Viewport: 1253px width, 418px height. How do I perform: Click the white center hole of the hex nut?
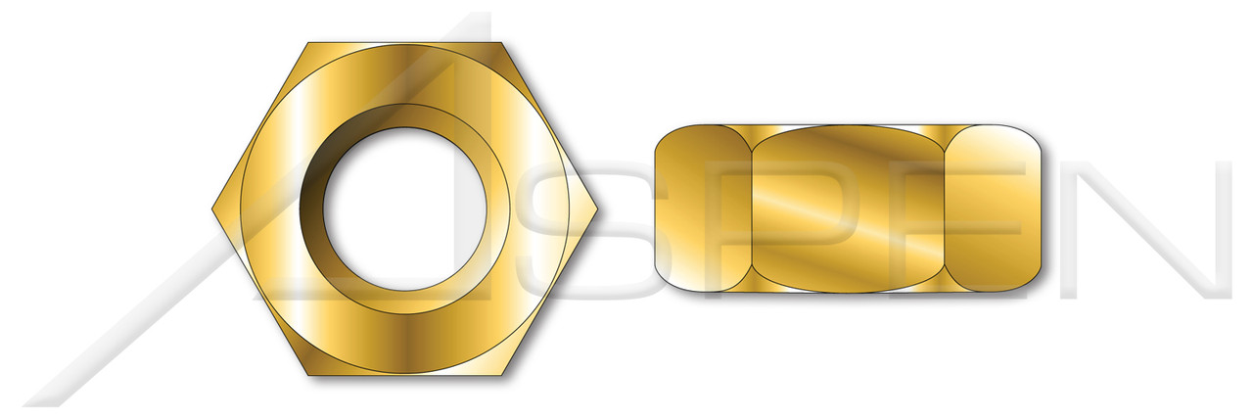[x=406, y=209]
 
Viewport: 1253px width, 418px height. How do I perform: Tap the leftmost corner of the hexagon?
[x=213, y=209]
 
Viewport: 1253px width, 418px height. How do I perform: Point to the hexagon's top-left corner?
[x=309, y=43]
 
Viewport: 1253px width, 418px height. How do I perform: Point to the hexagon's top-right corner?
[x=505, y=43]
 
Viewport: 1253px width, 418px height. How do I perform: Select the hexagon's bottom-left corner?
[x=309, y=377]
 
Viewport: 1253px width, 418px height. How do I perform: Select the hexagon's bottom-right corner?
[x=505, y=377]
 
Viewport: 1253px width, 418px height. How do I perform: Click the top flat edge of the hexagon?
[x=407, y=44]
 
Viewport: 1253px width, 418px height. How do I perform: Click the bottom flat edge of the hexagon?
[x=407, y=377]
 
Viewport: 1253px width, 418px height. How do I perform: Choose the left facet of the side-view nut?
[x=701, y=209]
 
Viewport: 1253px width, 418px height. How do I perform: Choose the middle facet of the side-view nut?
[x=848, y=209]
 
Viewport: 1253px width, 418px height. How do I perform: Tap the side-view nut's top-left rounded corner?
[x=666, y=136]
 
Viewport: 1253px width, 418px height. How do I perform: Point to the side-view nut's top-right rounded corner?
[x=1030, y=136]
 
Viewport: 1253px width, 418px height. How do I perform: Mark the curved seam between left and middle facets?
[x=751, y=209]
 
